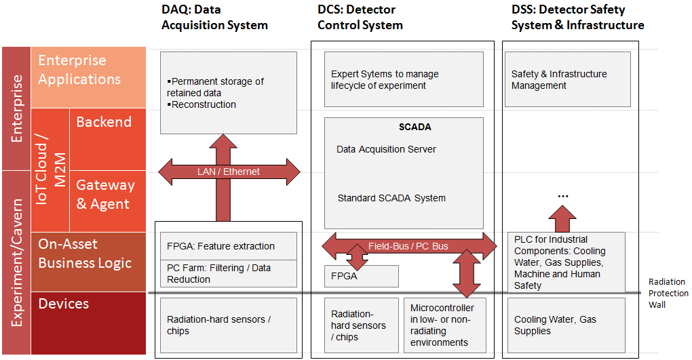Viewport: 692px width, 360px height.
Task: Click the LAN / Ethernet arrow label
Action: pos(228,172)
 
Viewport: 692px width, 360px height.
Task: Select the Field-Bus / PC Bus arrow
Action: pos(408,246)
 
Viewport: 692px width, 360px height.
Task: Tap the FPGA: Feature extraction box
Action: pos(229,246)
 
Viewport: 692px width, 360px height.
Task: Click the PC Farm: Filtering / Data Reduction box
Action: pos(229,273)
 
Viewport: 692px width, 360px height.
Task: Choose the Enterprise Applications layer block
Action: pos(88,77)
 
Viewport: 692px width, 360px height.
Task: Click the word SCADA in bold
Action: pos(415,127)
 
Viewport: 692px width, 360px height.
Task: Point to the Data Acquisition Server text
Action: pos(386,149)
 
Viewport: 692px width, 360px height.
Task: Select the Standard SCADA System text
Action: pos(391,198)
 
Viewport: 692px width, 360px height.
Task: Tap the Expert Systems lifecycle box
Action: pos(403,80)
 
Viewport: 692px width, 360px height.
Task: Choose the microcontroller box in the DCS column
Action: pos(444,325)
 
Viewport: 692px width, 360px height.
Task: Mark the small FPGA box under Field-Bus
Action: pos(361,276)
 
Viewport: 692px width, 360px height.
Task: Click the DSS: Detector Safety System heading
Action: pos(577,18)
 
